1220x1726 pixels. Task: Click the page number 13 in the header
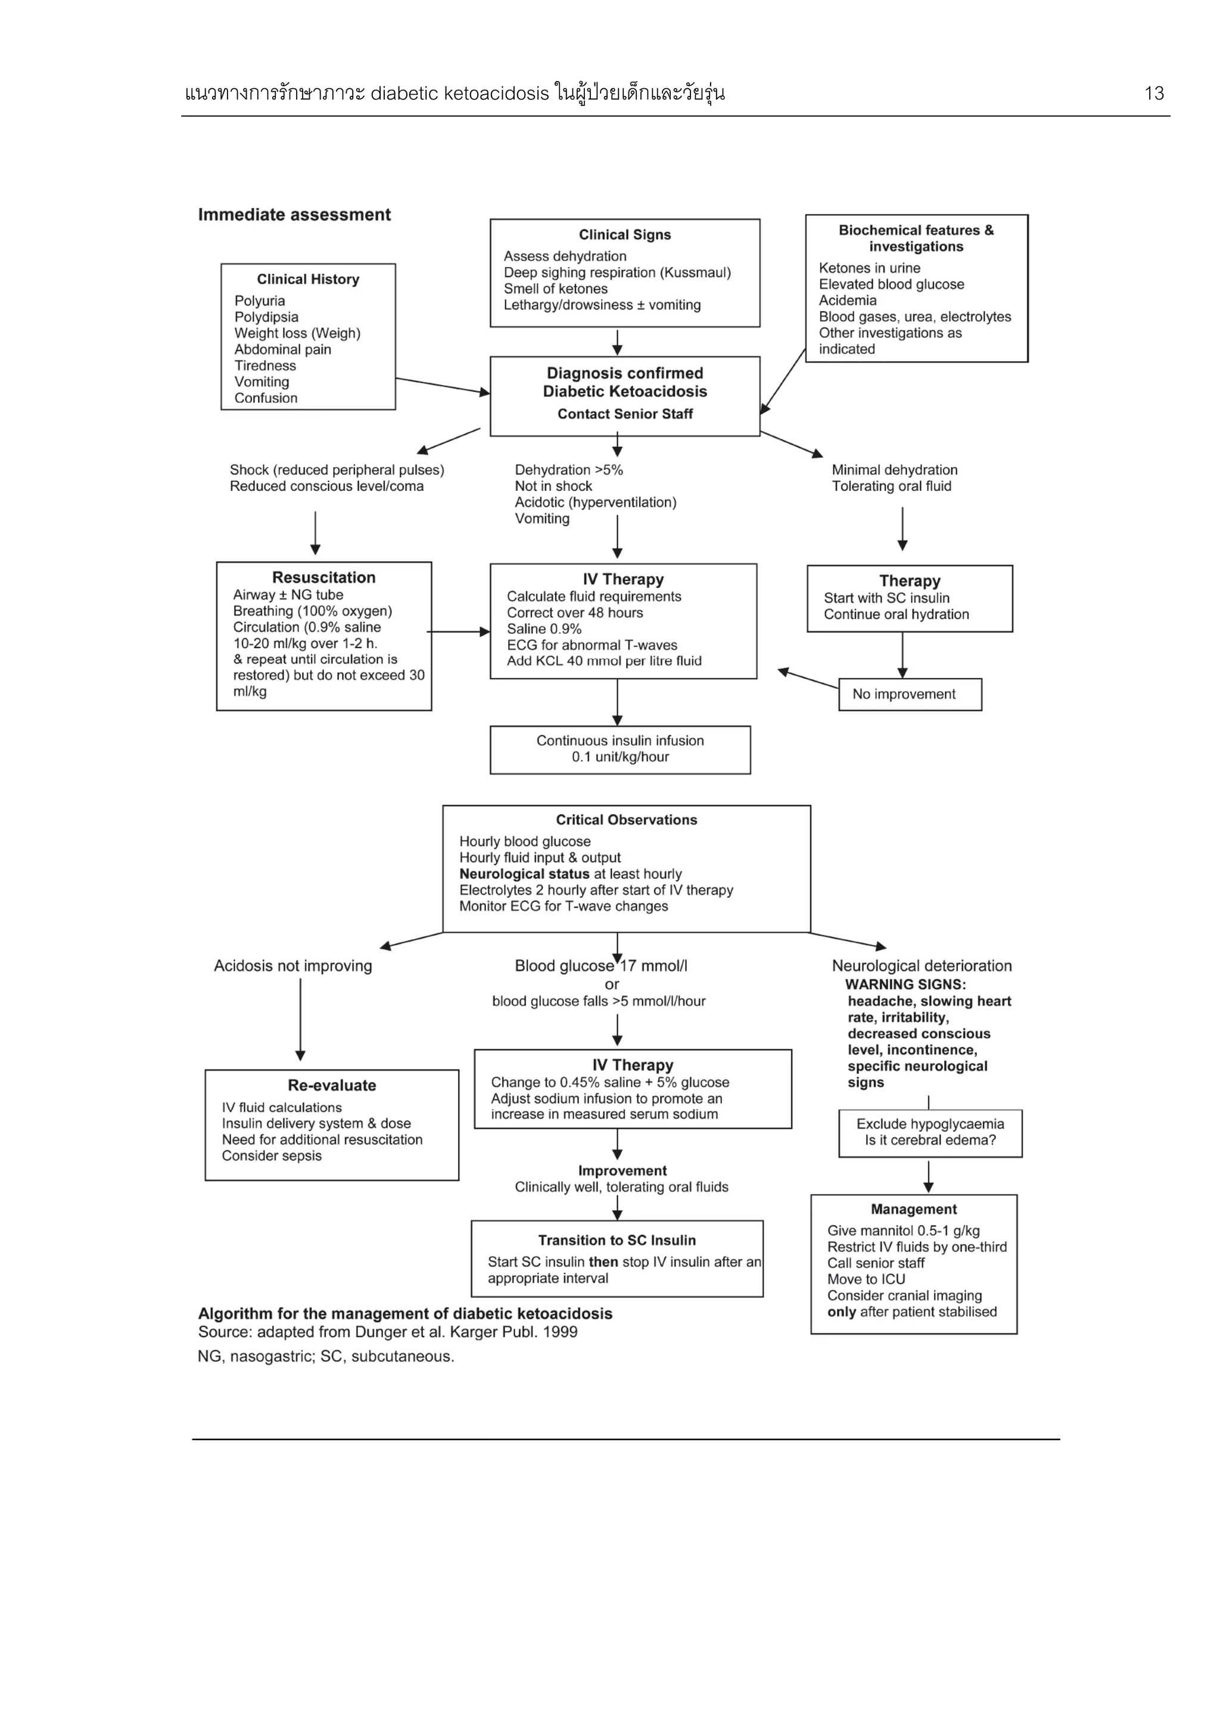[x=1153, y=93]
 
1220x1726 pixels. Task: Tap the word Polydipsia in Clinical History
[x=266, y=317]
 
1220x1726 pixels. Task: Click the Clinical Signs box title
[x=625, y=235]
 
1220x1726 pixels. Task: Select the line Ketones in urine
[x=869, y=268]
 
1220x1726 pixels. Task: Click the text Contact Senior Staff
[x=625, y=414]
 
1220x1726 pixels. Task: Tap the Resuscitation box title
[x=323, y=577]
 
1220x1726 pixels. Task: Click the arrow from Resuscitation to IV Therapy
[x=459, y=632]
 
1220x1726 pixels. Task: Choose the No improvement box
[x=910, y=695]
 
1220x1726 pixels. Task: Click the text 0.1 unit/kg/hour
[x=620, y=757]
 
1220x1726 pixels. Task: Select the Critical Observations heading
[x=626, y=820]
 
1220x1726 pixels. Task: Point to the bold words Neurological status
[x=524, y=874]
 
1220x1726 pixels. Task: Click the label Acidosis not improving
[x=292, y=966]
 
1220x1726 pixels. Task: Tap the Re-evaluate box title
[x=331, y=1086]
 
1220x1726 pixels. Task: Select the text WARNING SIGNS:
[x=905, y=985]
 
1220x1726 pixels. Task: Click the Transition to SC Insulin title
[x=617, y=1240]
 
